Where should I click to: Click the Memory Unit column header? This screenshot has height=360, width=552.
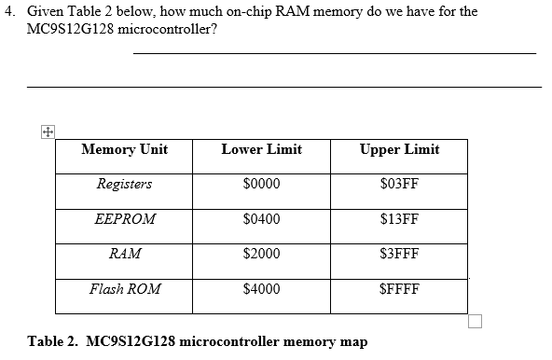click(x=124, y=149)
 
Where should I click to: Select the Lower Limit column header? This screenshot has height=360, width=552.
click(x=261, y=149)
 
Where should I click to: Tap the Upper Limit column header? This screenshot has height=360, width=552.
click(x=399, y=149)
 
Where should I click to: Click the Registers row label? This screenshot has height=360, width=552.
click(x=124, y=184)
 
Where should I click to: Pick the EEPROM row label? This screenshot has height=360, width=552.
click(x=125, y=219)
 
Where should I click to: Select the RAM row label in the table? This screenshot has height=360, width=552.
click(x=125, y=254)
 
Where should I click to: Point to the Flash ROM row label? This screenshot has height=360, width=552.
click(x=125, y=289)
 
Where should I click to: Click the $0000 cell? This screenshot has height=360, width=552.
click(x=261, y=184)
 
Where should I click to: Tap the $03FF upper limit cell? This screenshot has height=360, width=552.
click(x=399, y=184)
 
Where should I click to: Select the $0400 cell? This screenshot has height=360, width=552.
click(x=261, y=219)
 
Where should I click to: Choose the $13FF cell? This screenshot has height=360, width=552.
click(x=399, y=219)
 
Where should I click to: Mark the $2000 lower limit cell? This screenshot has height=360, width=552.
click(x=261, y=254)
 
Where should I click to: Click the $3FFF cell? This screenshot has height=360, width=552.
click(x=399, y=254)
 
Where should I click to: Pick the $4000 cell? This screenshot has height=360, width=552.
click(x=261, y=289)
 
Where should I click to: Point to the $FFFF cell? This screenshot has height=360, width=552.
click(x=399, y=289)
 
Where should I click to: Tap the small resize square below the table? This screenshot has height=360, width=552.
click(x=476, y=322)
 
